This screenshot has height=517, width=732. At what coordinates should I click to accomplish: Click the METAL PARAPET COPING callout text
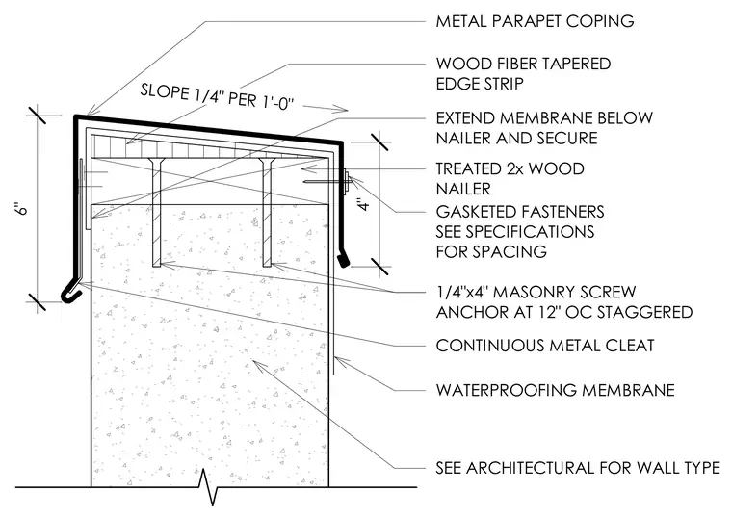[535, 21]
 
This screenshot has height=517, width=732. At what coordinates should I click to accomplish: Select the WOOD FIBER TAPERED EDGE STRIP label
[523, 74]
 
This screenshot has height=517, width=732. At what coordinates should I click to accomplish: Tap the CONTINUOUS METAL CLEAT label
[545, 346]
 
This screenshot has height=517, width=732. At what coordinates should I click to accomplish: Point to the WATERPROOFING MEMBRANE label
[555, 390]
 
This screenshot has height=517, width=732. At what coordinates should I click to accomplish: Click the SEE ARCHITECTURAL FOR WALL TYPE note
[578, 468]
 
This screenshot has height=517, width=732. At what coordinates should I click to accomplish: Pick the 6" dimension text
[22, 208]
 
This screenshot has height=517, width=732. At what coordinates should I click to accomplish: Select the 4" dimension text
[365, 204]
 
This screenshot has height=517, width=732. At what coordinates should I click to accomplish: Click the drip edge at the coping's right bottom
[343, 260]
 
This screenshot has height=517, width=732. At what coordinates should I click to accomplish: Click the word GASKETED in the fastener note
[473, 212]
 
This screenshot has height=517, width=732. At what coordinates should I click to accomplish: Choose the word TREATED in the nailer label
[463, 168]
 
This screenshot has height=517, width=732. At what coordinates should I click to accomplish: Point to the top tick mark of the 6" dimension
[37, 116]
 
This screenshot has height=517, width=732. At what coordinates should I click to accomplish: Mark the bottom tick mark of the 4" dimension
[381, 267]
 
